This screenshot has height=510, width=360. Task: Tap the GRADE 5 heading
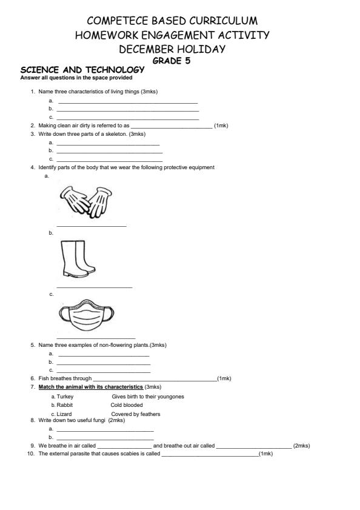tap(172, 60)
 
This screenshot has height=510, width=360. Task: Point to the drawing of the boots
tap(77, 257)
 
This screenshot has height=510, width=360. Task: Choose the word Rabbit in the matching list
tap(64, 404)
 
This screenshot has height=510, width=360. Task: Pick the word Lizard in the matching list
tap(64, 414)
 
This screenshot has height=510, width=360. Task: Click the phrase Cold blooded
tap(127, 404)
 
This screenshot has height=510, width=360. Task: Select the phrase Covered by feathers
tap(135, 414)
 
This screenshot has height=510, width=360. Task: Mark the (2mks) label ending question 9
tap(301, 446)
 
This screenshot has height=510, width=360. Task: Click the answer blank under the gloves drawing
tap(91, 226)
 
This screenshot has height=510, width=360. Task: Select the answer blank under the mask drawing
tap(96, 338)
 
